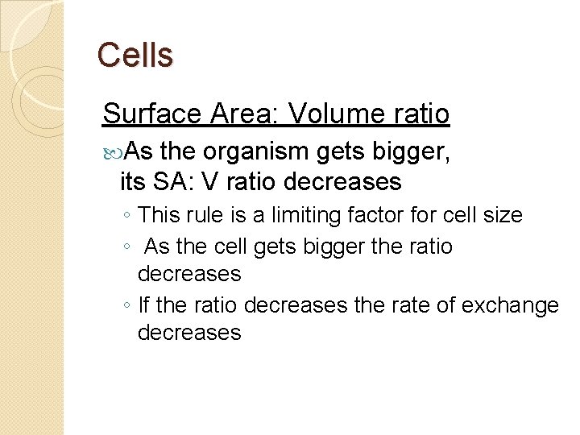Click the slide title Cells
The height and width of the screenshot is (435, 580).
135,55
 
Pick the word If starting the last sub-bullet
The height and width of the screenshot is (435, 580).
144,306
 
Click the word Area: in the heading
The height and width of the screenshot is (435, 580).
241,114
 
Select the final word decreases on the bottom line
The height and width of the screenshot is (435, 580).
189,333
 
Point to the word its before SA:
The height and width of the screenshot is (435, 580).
133,182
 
